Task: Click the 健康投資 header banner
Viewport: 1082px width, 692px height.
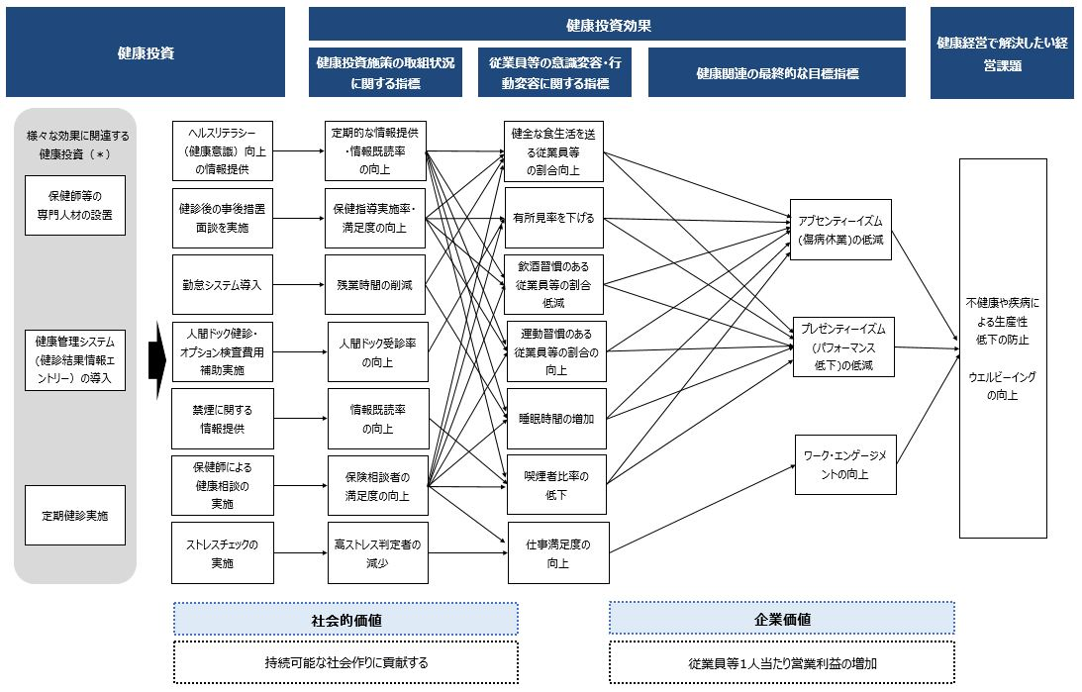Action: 146,53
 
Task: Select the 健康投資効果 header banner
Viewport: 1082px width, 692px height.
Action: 608,25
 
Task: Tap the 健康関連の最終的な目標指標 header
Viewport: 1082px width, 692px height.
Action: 776,73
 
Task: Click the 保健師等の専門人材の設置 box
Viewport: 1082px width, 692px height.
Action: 75,206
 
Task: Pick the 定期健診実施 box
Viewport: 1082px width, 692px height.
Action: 75,515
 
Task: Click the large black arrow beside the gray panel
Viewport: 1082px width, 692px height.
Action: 154,357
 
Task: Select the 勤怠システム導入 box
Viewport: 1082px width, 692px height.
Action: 222,285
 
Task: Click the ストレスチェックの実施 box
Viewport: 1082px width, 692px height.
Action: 222,552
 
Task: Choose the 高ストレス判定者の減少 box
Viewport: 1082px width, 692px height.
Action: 377,552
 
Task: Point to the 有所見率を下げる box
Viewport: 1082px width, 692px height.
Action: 554,218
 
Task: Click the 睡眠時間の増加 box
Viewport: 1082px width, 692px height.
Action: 554,419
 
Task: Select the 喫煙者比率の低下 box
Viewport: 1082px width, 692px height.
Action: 554,485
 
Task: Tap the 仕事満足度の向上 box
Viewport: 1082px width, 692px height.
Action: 557,552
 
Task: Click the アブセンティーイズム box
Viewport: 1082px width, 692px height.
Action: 839,229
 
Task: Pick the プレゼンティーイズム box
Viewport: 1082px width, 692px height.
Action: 842,346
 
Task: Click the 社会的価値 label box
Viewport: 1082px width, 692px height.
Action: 345,619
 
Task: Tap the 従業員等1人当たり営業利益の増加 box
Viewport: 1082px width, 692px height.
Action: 781,662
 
